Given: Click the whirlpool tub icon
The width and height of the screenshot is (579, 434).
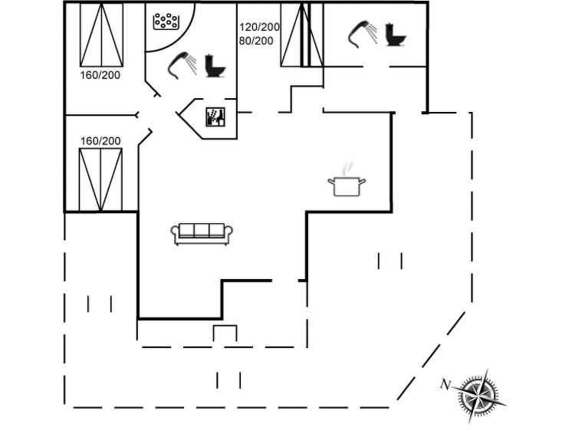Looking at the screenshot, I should (x=166, y=21).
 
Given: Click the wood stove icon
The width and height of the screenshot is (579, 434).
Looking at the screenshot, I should (x=215, y=117).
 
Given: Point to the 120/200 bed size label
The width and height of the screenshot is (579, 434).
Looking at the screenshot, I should (x=259, y=27).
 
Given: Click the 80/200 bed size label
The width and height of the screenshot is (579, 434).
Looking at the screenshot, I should (x=255, y=41).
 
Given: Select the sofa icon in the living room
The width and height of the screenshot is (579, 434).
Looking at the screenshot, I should (x=202, y=233).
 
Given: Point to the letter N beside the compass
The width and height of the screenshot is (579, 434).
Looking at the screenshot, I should (x=444, y=384).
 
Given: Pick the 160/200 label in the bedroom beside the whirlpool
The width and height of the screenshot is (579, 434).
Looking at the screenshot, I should (x=100, y=74).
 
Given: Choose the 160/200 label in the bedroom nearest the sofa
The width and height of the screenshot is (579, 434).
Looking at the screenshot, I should (x=100, y=140).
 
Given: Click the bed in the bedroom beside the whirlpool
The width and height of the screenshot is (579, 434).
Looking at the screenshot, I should (x=101, y=35).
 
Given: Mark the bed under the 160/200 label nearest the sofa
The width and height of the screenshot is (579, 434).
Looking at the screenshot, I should (x=100, y=179).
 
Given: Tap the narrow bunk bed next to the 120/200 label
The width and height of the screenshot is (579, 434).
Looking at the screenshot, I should (x=294, y=35).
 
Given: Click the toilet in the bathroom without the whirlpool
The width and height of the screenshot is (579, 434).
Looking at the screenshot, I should (x=395, y=34).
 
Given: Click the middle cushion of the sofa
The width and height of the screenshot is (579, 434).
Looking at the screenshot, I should (x=202, y=231).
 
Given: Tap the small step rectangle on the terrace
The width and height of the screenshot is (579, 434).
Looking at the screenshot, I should (x=225, y=334).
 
